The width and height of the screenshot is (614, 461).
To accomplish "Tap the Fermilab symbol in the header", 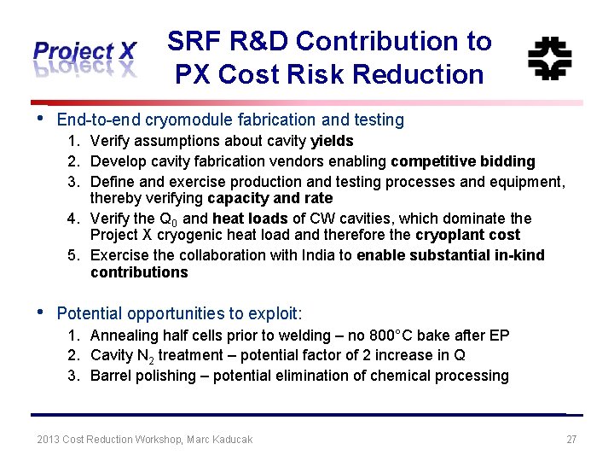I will pyautogui.click(x=549, y=58).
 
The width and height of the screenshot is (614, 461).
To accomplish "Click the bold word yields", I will pyautogui.click(x=333, y=141).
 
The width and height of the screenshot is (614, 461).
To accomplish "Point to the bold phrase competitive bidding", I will pyautogui.click(x=463, y=161).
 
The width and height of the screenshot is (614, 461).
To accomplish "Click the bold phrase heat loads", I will pyautogui.click(x=250, y=219).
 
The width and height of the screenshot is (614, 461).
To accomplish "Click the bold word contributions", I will pyautogui.click(x=139, y=272).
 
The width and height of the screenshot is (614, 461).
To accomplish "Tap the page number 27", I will pyautogui.click(x=571, y=440).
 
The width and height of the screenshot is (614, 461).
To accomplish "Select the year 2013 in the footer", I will pyautogui.click(x=49, y=440).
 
